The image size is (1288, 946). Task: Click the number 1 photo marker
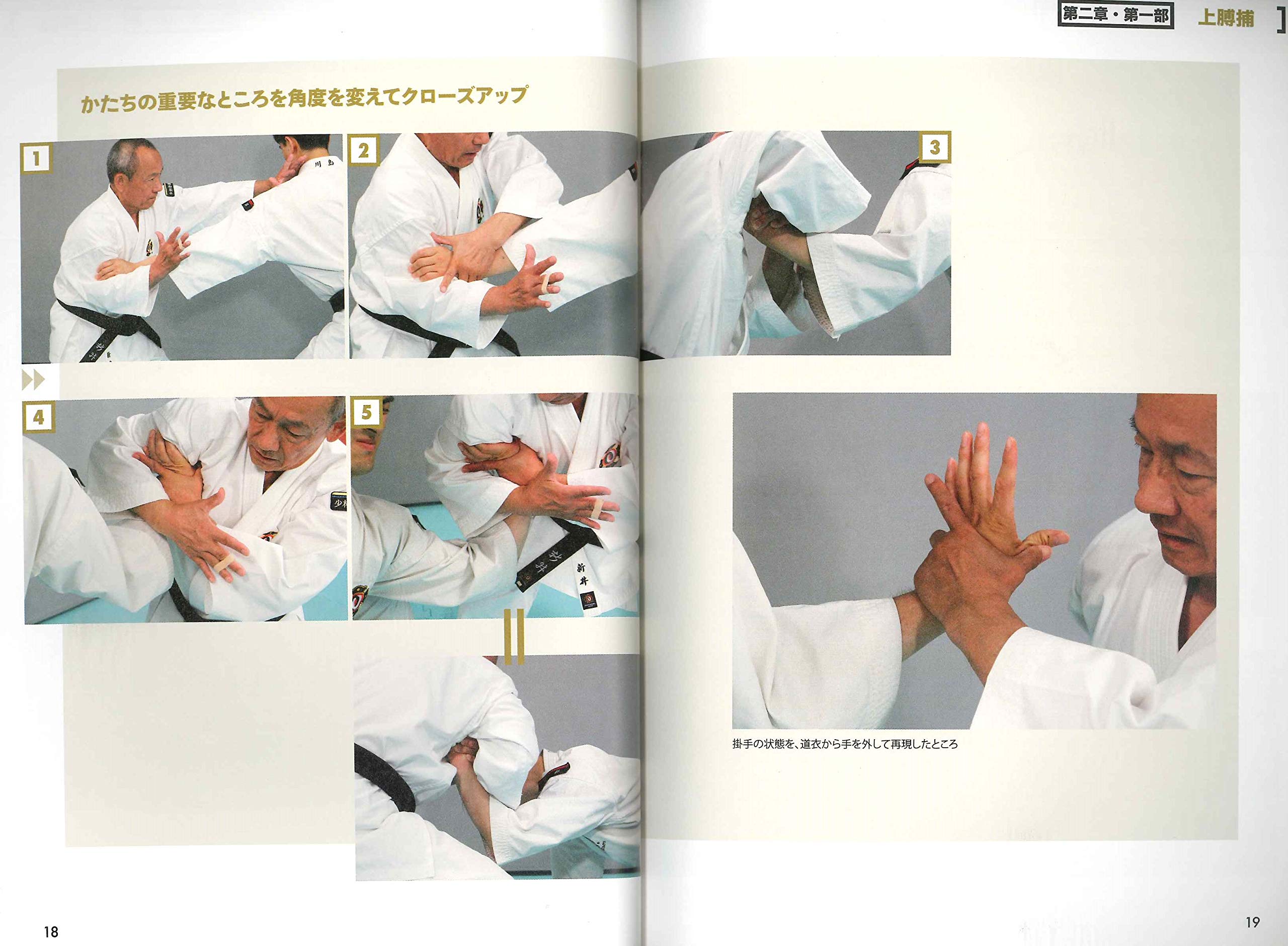(x=37, y=158)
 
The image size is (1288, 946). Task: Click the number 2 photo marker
(x=363, y=150)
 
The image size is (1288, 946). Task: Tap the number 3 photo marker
(x=934, y=148)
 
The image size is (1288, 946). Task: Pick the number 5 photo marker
(x=366, y=412)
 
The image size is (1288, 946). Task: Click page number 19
(x=1252, y=922)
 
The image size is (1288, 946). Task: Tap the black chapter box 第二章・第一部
(x=1115, y=16)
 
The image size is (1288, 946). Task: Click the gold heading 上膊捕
(x=1226, y=18)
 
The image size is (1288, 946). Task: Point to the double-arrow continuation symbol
(x=33, y=380)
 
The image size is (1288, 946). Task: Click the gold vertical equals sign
(x=514, y=636)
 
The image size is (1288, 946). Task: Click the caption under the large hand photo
(x=844, y=744)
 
